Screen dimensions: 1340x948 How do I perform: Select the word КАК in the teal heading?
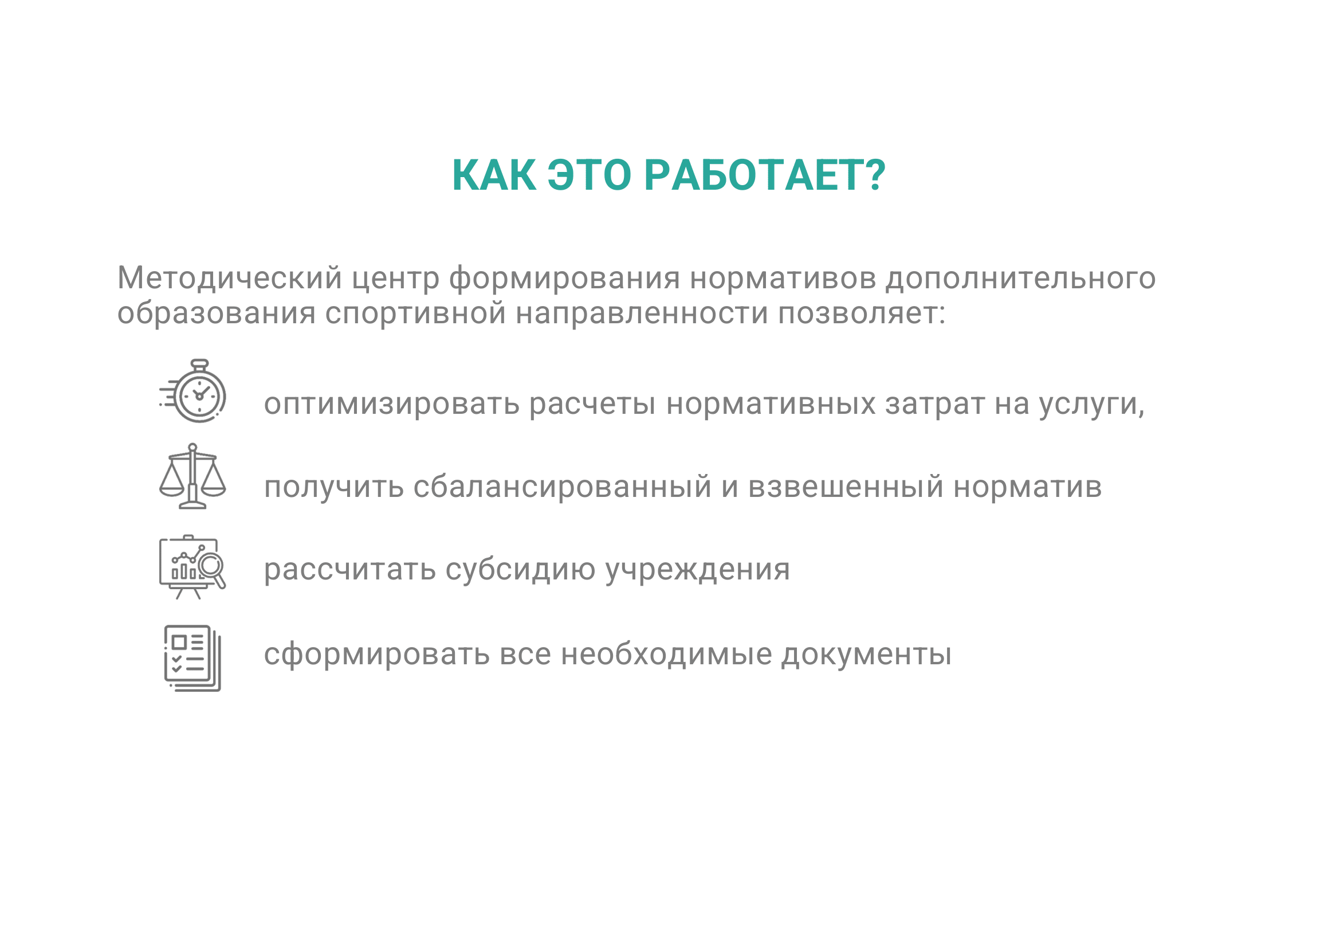point(494,175)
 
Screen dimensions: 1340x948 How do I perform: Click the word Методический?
point(229,279)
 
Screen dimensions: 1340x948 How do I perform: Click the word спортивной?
point(415,314)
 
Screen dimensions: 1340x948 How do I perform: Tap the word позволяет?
point(862,314)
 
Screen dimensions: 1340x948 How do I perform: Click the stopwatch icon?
point(192,391)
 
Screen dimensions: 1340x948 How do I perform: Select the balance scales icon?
point(192,476)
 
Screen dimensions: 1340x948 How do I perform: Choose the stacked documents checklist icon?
point(192,659)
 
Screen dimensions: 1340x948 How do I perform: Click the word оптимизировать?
point(392,405)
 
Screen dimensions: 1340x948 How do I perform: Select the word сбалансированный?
point(563,487)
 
